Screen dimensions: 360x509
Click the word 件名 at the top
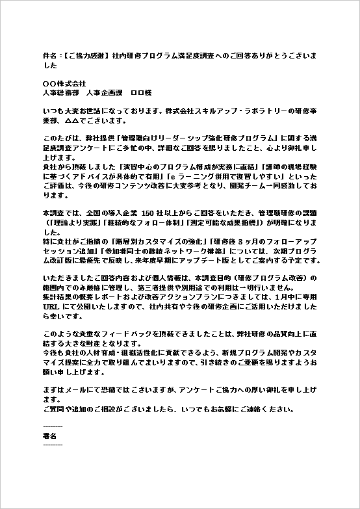pyautogui.click(x=49, y=56)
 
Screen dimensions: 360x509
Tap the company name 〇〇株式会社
pyautogui.click(x=64, y=84)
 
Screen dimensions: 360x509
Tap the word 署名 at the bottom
pyautogui.click(x=49, y=435)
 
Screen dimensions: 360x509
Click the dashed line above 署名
pyautogui.click(x=52, y=426)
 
